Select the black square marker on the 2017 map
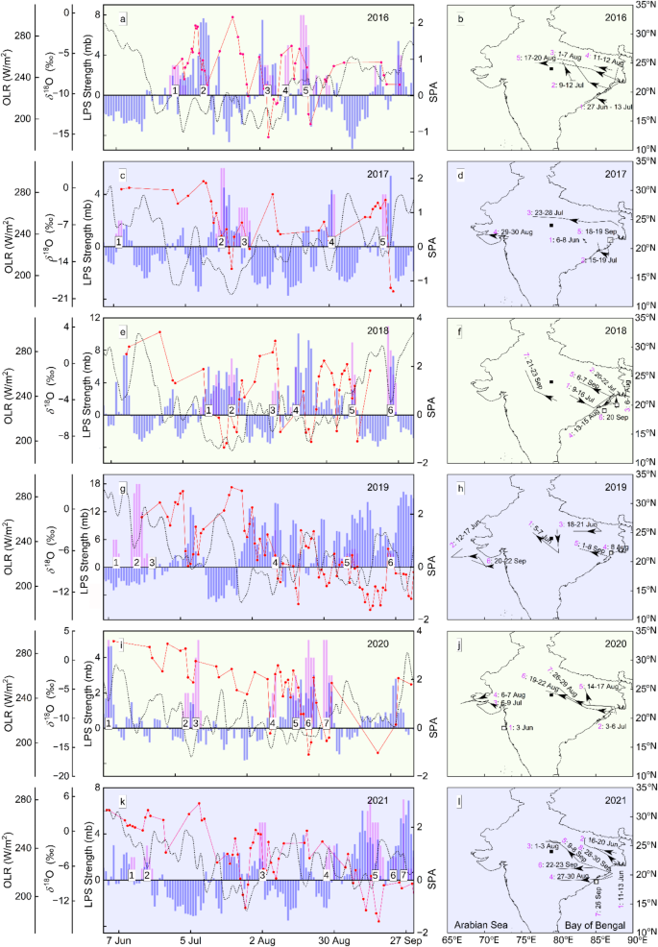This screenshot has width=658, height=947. pyautogui.click(x=551, y=225)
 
